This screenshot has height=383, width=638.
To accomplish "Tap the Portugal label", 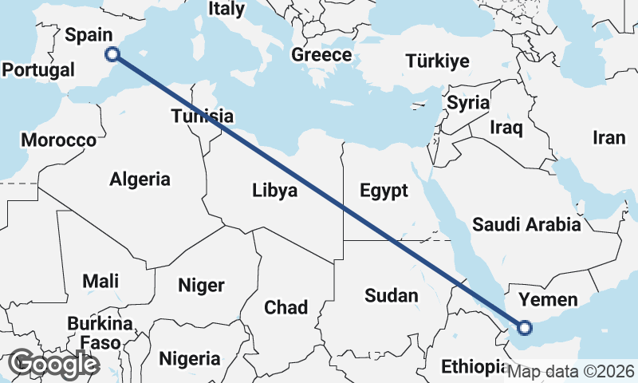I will point(37,69).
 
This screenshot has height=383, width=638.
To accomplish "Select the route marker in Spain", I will point(112,54).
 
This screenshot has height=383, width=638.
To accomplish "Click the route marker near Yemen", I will point(525,326).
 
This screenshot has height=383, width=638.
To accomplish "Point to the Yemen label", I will point(547,300).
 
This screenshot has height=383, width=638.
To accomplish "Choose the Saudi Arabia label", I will point(526,224).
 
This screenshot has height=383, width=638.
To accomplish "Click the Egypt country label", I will point(384,191).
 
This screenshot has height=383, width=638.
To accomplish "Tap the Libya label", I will point(274,191).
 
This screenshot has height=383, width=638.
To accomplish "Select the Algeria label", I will point(140,179).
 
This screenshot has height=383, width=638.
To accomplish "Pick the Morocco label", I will point(58,140).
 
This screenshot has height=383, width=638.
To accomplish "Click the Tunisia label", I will point(203,116).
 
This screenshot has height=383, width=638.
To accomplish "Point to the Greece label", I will point(321,55).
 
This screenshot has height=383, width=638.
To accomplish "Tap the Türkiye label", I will point(437,61).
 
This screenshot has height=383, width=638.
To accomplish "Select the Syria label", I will point(468,102).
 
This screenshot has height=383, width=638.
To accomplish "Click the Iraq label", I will point(506,127).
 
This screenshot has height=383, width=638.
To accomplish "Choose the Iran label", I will point(608,137).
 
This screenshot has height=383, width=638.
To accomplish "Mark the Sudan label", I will point(391,295).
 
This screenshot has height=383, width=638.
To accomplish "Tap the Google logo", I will point(53,364).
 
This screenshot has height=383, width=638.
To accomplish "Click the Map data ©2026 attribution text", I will point(571,371).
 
